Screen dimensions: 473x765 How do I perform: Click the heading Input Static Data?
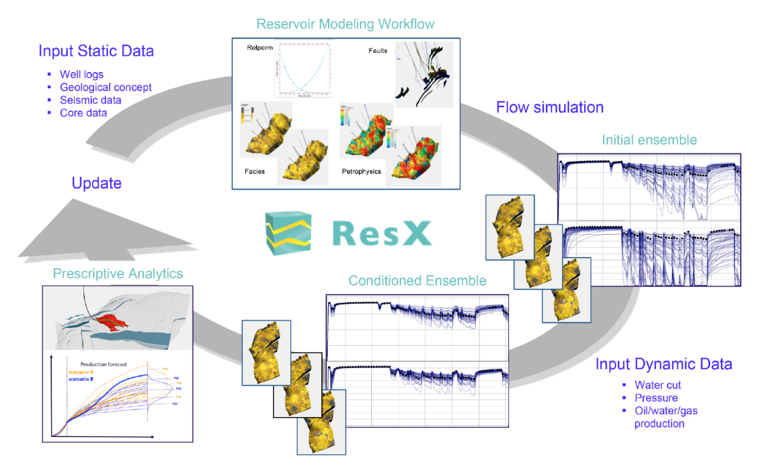pyautogui.click(x=96, y=51)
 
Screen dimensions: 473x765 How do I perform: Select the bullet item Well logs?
pyautogui.click(x=82, y=74)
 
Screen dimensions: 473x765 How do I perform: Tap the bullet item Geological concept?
pyautogui.click(x=106, y=87)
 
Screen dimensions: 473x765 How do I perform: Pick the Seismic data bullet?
pyautogui.click(x=91, y=100)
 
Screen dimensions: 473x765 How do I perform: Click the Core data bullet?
pyautogui.click(x=83, y=113)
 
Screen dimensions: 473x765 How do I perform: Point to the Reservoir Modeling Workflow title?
pyautogui.click(x=345, y=24)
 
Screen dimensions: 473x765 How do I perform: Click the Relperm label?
pyautogui.click(x=259, y=48)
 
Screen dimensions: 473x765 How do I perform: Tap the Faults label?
pyautogui.click(x=378, y=50)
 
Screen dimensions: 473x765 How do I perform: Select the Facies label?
pyautogui.click(x=255, y=171)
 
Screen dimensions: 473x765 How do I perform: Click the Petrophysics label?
pyautogui.click(x=361, y=171)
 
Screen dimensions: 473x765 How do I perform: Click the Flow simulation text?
pyautogui.click(x=550, y=107)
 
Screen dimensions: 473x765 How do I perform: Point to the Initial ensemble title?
pyautogui.click(x=649, y=140)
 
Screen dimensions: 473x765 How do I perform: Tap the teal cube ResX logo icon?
pyautogui.click(x=288, y=233)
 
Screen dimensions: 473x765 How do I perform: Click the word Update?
pyautogui.click(x=97, y=183)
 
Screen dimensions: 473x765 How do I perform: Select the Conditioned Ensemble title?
pyautogui.click(x=417, y=281)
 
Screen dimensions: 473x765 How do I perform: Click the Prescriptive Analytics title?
pyautogui.click(x=118, y=274)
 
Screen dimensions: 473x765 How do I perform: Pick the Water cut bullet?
pyautogui.click(x=657, y=385)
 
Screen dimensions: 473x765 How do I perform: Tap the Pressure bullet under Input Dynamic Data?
pyautogui.click(x=656, y=398)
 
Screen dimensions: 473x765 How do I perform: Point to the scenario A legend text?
pyautogui.click(x=81, y=372)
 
